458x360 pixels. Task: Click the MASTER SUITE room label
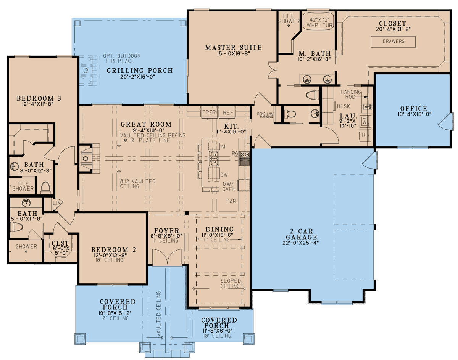(x=233, y=47)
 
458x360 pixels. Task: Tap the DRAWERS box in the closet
(x=393, y=42)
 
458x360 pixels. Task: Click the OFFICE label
(x=413, y=108)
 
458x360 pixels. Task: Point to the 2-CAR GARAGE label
(x=302, y=234)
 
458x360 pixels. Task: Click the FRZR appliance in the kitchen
(x=209, y=112)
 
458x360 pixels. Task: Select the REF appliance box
(x=227, y=112)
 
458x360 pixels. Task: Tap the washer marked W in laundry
(x=365, y=122)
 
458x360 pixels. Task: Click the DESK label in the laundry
(x=343, y=106)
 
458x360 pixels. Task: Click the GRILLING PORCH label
(x=140, y=71)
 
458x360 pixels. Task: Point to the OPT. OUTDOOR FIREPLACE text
(x=122, y=58)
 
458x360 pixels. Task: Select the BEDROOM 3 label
(x=39, y=98)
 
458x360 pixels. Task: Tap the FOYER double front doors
(x=167, y=258)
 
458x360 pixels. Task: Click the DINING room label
(x=219, y=229)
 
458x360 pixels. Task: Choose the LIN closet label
(x=56, y=203)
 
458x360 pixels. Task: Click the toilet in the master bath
(x=313, y=95)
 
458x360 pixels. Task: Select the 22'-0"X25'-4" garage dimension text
(x=300, y=243)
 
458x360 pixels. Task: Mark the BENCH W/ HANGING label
(x=265, y=115)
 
